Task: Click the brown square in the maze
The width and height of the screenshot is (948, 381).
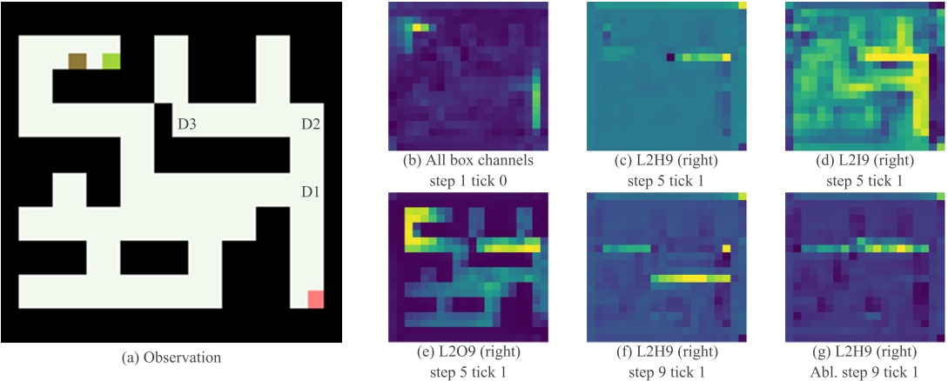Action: click(77, 61)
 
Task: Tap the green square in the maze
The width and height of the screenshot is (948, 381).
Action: click(111, 61)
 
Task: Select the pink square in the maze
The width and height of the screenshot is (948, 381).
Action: click(315, 299)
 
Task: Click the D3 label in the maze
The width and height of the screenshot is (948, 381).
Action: click(186, 125)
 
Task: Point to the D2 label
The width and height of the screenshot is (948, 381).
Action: click(311, 125)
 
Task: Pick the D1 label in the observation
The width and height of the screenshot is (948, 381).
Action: click(311, 190)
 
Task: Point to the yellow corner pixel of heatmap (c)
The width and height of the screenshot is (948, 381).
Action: click(742, 5)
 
